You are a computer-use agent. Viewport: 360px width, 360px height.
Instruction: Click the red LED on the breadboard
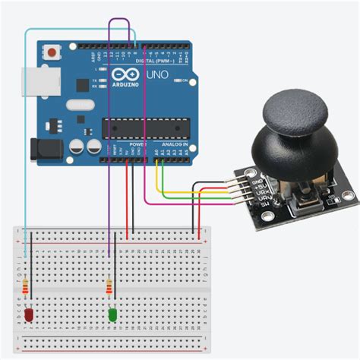[x=27, y=313]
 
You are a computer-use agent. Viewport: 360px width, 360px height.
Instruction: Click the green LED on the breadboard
[x=112, y=313]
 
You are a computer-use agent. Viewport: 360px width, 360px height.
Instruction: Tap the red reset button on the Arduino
[x=52, y=53]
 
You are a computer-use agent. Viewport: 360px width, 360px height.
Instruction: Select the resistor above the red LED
[x=28, y=288]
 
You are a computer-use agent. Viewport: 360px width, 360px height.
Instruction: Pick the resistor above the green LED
[x=110, y=288]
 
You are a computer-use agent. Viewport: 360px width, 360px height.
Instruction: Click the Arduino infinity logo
[x=121, y=75]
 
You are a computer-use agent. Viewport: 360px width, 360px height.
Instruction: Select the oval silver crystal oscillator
[x=79, y=105]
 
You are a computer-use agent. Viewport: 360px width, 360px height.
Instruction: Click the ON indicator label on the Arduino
[x=185, y=79]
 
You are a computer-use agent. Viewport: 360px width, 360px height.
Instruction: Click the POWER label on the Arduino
[x=138, y=144]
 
